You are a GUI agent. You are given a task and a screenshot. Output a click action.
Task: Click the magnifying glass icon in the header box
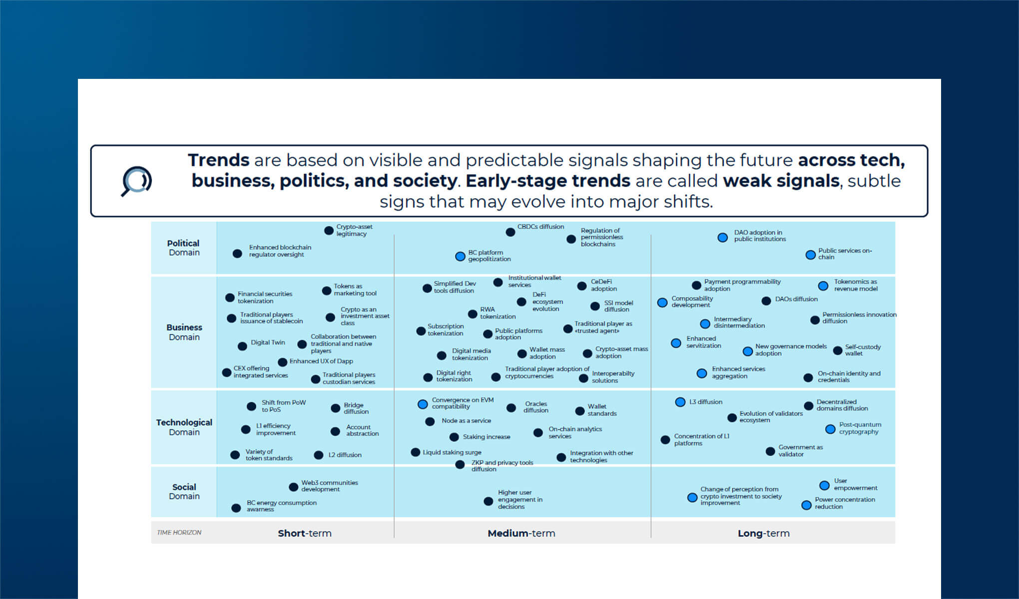[136, 181]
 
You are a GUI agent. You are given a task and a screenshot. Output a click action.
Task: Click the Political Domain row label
[183, 248]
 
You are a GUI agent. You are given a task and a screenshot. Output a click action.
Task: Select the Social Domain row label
[184, 491]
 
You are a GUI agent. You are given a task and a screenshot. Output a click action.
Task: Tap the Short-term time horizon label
[305, 533]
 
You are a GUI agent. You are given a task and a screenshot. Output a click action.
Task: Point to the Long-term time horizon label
[763, 533]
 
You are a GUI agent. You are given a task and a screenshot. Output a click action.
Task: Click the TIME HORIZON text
[179, 533]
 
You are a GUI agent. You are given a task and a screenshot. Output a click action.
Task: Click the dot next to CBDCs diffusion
[510, 232]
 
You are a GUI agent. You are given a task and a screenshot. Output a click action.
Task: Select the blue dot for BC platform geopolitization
[460, 257]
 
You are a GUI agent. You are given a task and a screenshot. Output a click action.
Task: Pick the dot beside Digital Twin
[242, 346]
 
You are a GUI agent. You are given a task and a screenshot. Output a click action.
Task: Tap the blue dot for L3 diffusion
[680, 402]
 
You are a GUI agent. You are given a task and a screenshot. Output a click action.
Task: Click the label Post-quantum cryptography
[860, 428]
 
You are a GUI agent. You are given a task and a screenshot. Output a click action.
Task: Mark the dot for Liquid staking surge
[415, 452]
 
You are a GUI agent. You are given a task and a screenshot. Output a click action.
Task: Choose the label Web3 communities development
[329, 486]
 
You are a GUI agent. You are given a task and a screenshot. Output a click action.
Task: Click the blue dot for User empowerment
[824, 486]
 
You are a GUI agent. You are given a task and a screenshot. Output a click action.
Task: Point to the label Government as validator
[800, 451]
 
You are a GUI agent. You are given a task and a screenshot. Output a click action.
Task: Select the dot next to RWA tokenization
[473, 314]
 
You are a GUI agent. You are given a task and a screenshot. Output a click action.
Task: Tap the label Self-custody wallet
[862, 350]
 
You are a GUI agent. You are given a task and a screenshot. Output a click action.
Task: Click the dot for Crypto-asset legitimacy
[329, 231]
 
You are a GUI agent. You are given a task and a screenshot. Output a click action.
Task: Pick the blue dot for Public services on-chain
[810, 255]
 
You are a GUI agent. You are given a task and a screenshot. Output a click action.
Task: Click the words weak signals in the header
[781, 181]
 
